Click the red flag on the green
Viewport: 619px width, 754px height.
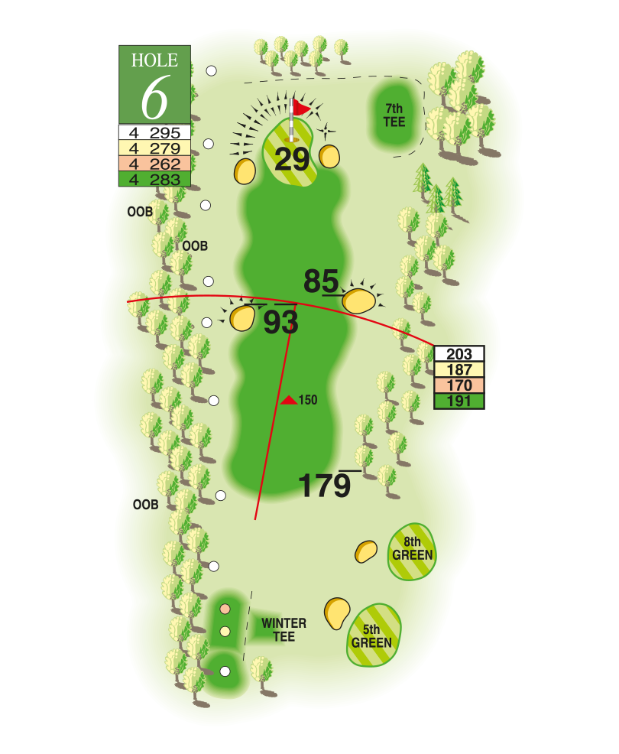click(x=303, y=109)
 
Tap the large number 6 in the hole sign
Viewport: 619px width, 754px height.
click(x=155, y=97)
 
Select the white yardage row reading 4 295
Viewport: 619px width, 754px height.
click(x=155, y=132)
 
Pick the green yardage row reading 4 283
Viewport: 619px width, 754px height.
click(x=155, y=180)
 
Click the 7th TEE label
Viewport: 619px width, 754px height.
click(x=394, y=115)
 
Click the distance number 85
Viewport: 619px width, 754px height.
click(x=321, y=281)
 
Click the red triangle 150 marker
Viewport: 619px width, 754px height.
click(x=288, y=400)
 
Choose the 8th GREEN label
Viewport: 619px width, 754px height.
click(x=413, y=549)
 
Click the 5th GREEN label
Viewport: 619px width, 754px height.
click(x=372, y=636)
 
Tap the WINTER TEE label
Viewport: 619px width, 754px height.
click(x=284, y=629)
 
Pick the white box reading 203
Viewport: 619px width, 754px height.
click(x=459, y=354)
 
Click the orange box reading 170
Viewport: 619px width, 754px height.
click(x=459, y=385)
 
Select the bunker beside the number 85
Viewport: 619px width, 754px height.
click(x=358, y=300)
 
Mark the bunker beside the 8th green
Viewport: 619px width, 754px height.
click(x=367, y=551)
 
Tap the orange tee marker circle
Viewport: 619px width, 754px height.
click(x=225, y=609)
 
